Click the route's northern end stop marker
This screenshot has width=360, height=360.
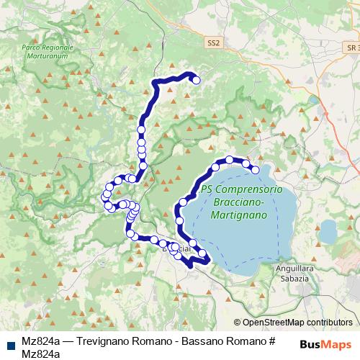(x=196, y=80)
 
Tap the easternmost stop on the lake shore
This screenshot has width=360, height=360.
(x=255, y=170)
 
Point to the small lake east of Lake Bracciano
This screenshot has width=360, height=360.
(x=328, y=231)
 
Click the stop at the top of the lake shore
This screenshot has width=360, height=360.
(x=230, y=160)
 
